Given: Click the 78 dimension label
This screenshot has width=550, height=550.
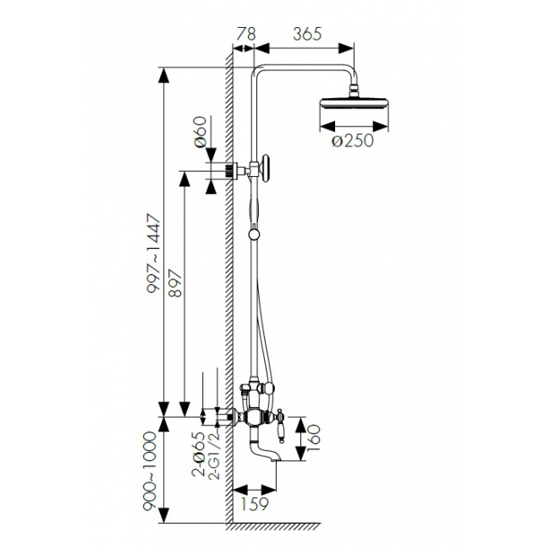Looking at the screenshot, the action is (246, 34).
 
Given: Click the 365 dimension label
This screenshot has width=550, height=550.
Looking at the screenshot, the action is (307, 34).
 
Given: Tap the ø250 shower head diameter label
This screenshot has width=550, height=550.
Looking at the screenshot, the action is (353, 140).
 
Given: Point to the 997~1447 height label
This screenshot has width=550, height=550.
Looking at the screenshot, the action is (154, 254).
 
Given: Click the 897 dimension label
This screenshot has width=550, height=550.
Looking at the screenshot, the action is (175, 283).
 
